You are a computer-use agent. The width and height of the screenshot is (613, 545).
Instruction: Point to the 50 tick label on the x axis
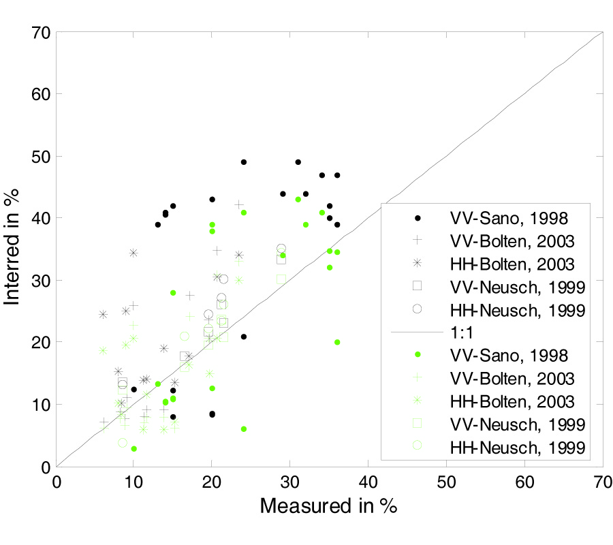click(446, 481)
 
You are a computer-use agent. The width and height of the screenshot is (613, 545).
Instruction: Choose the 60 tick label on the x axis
click(524, 481)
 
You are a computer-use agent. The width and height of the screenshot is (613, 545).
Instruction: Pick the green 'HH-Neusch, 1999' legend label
click(516, 447)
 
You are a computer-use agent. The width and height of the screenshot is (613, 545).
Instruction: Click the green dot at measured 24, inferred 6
click(244, 429)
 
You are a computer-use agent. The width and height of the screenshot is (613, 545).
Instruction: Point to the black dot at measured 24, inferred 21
click(244, 337)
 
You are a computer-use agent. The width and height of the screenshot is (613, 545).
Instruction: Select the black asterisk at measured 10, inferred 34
click(133, 253)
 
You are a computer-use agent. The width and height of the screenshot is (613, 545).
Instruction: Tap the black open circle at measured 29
click(281, 249)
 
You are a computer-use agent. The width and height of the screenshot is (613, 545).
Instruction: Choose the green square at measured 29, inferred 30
click(281, 279)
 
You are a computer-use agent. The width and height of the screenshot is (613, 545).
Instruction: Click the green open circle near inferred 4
click(123, 443)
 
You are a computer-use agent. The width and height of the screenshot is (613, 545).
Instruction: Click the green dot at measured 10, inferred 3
click(134, 449)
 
